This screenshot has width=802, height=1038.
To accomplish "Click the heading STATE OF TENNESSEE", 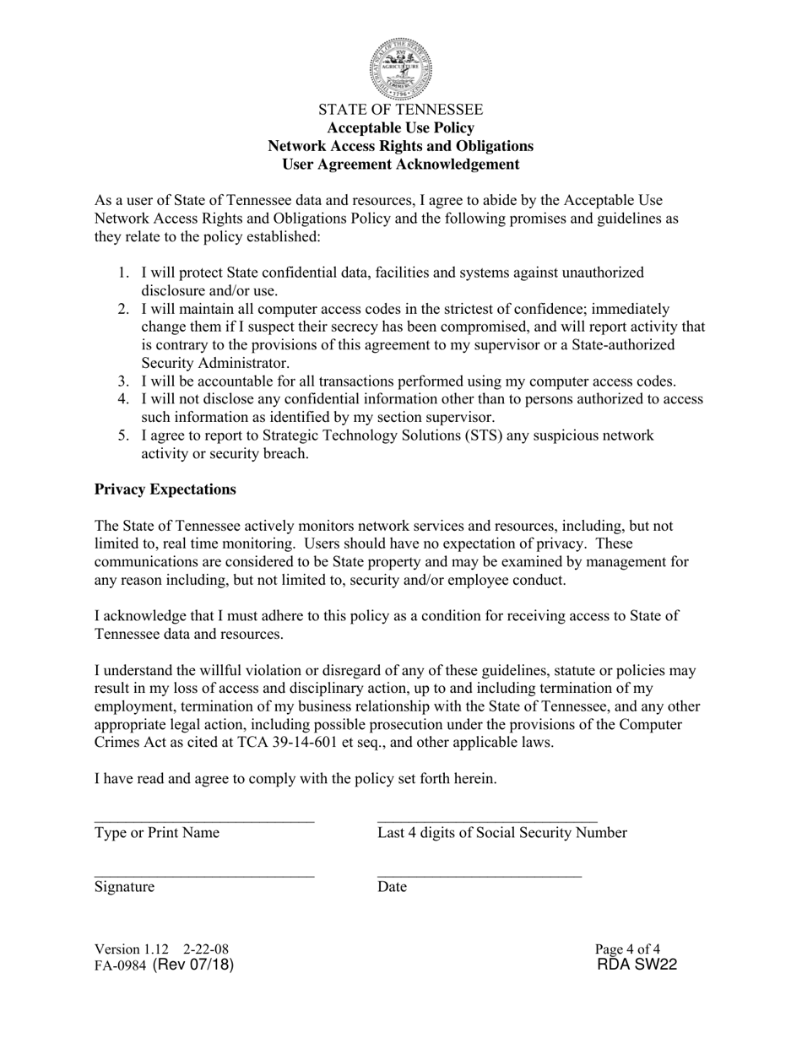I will pos(401,110).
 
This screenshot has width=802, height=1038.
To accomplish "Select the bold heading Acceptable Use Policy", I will pos(401,128).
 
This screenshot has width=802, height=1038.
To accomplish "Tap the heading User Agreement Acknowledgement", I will pos(401,165).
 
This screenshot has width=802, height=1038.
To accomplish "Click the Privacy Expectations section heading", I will pos(165,489).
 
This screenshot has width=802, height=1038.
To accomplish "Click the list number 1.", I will pos(123,273).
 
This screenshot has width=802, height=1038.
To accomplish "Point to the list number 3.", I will pos(123,381).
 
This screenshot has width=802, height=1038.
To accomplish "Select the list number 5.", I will pos(123,435).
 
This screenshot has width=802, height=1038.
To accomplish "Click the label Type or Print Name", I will pos(157,833).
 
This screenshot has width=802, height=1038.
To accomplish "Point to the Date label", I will pos(393,887).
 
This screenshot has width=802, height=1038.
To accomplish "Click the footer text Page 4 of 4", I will pos(627,949).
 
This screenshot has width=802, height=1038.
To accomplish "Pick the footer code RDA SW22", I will pos(637,965).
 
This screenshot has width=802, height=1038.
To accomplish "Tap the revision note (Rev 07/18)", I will pos(193,965).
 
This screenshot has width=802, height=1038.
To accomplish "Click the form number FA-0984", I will pos(121,966).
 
